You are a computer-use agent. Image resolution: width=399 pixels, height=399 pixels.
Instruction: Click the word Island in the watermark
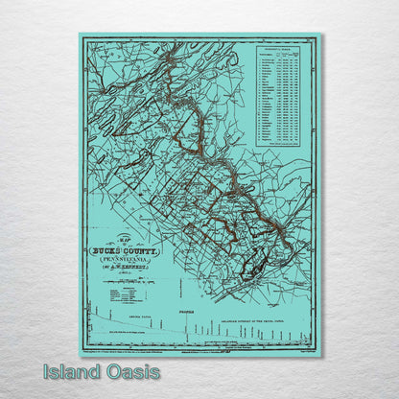pos(68,372)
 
